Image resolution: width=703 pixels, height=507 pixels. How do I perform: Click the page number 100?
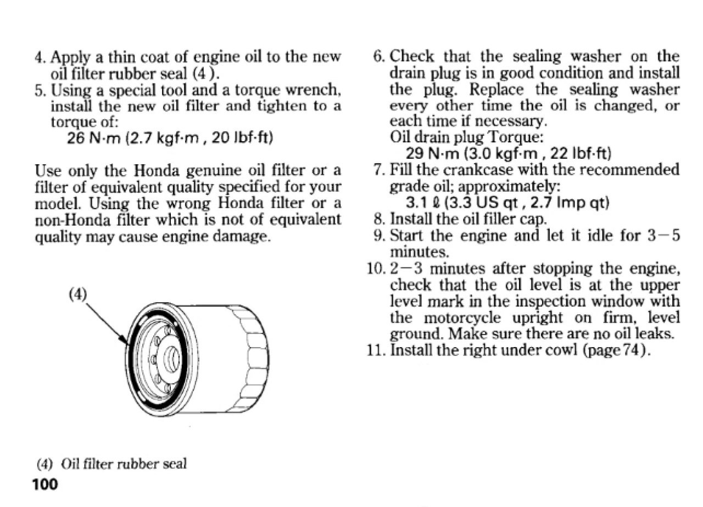(45, 484)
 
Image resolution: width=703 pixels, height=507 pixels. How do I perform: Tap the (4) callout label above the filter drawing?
(77, 294)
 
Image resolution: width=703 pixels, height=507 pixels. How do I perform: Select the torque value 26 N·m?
(93, 138)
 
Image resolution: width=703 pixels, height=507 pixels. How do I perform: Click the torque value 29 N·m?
(432, 153)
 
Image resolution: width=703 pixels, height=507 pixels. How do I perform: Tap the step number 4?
(39, 58)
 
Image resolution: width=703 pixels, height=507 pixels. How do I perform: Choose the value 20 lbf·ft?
(242, 138)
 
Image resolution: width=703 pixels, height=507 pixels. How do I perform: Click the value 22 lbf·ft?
(581, 153)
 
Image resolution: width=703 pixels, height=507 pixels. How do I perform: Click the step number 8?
(380, 219)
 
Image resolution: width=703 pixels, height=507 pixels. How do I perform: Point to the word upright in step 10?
(537, 317)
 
